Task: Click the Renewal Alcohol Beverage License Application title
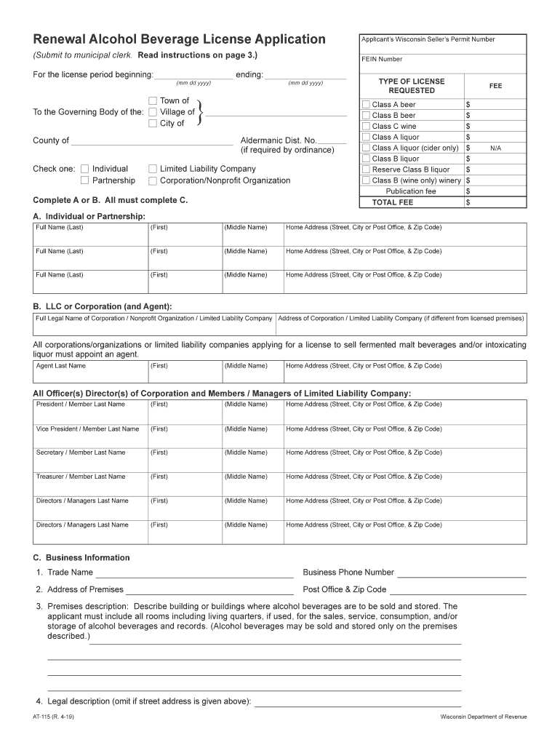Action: (x=179, y=39)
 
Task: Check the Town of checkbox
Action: (x=153, y=100)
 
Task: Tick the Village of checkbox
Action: (x=153, y=112)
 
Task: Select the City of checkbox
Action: (x=153, y=123)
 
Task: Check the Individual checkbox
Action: (x=85, y=169)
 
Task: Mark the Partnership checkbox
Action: (x=85, y=180)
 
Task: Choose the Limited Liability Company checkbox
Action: (x=153, y=169)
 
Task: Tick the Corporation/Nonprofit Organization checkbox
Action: (x=153, y=180)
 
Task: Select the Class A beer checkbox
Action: (x=366, y=105)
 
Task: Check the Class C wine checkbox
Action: (x=366, y=126)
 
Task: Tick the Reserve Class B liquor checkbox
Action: (x=366, y=170)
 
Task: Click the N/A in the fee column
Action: (x=495, y=148)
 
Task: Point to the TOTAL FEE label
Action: (x=392, y=202)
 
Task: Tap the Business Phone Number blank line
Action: (x=461, y=573)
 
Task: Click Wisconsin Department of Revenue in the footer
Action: (x=483, y=717)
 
